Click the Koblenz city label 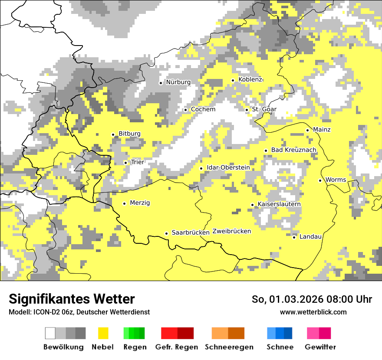tap(250, 79)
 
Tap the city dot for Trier tap(125, 163)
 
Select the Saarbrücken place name tap(191, 232)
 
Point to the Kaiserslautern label tap(279, 204)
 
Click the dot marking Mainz tap(307, 130)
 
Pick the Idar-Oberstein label tap(228, 168)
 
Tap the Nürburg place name tap(178, 82)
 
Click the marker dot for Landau tap(294, 237)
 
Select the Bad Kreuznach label tap(293, 150)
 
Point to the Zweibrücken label tap(231, 231)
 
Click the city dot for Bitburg tap(113, 134)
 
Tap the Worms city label tap(336, 180)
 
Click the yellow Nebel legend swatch tap(103, 333)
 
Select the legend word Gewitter tap(320, 347)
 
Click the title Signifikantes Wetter tap(72, 299)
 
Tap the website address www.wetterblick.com tap(313, 312)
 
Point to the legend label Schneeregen tap(229, 347)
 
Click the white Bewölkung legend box tap(50, 333)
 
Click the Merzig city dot tap(124, 203)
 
